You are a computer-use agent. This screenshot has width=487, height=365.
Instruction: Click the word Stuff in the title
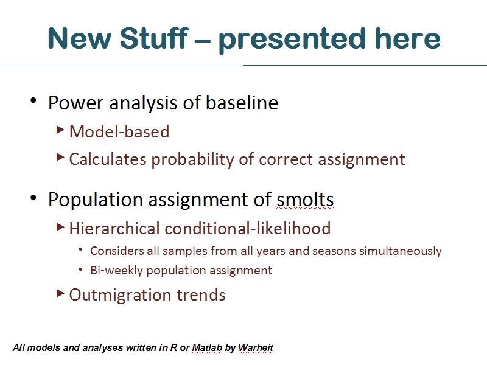pos(154,38)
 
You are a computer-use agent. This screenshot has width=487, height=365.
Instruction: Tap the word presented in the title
pos(292,40)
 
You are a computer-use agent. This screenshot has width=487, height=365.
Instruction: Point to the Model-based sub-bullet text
pos(119,131)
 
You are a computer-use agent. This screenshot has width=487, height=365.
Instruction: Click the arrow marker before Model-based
pos(60,130)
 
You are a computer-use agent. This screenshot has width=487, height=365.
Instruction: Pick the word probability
pos(192,160)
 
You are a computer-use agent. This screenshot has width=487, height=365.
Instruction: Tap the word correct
pos(286,159)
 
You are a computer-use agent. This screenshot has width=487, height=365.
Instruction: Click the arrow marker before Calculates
pos(60,158)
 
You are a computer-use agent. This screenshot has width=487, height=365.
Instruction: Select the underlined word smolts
pos(306,200)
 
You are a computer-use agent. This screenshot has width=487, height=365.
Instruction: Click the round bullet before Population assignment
pos(33,197)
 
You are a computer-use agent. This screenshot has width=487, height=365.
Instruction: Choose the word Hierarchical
pos(114,229)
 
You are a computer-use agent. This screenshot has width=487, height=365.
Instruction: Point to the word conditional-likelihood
pos(248,229)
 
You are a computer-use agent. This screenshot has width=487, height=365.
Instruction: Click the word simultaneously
pos(401,251)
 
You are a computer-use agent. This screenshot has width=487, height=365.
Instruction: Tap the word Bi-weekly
pos(116,270)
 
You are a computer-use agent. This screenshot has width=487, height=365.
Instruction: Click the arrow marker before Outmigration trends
pos(60,293)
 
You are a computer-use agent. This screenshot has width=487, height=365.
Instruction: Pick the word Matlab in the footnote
pos(207,347)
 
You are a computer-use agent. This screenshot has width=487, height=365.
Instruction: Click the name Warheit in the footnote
pos(256,347)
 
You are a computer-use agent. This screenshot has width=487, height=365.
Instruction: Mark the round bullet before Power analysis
pos(33,100)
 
